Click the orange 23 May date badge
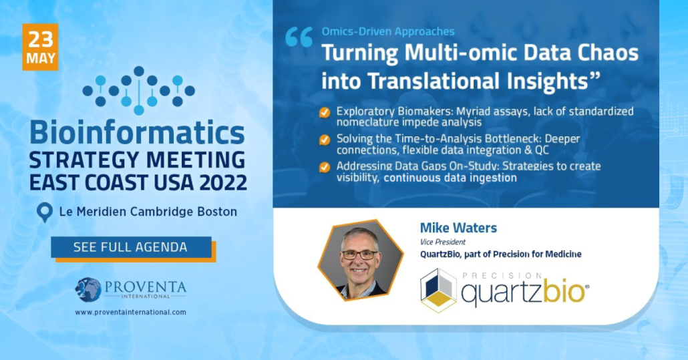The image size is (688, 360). pos(40,47)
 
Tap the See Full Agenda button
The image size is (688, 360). pos(131,247)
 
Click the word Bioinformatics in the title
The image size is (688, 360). pos(137,133)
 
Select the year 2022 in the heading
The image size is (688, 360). pos(223,182)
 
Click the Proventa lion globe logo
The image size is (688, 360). pos(88,290)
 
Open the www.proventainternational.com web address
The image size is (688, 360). pos(130,312)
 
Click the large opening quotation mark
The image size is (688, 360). pos(299,37)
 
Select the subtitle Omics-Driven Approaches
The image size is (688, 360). pos(388,31)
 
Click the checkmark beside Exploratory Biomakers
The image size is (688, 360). pos(325,113)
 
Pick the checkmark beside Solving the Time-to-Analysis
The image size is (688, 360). pos(325,140)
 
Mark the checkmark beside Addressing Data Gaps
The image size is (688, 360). pos(325,168)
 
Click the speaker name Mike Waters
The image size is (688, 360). pos(458,228)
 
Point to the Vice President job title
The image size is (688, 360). pos(443,242)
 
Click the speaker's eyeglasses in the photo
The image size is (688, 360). pos(359,254)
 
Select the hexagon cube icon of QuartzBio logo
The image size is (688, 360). pos(438,291)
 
